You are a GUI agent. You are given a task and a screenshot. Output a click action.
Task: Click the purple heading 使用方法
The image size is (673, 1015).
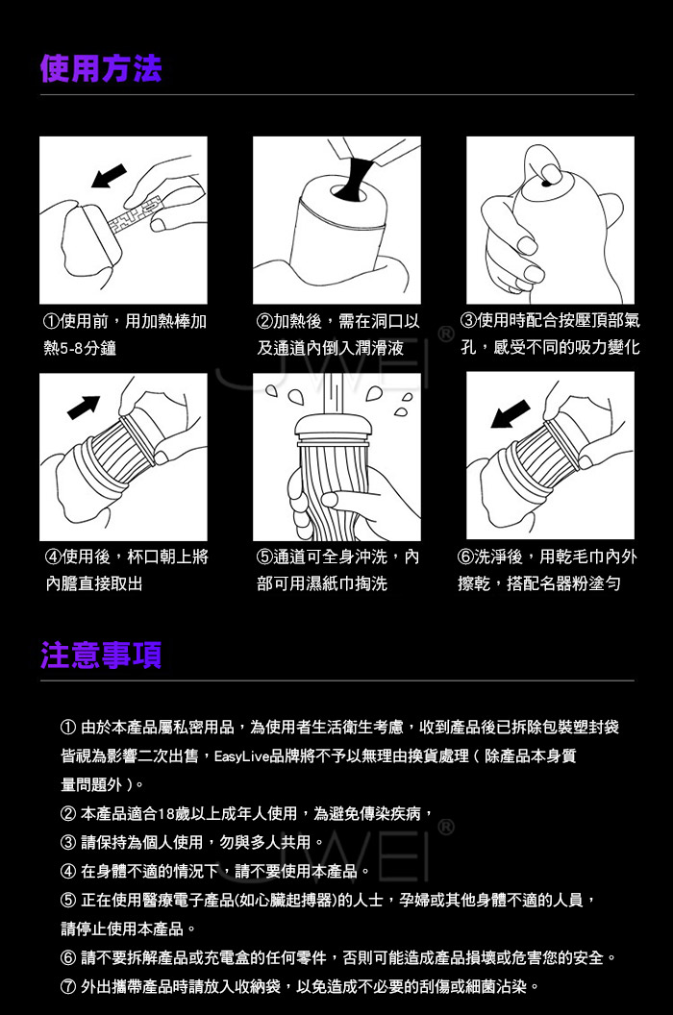pos(101,68)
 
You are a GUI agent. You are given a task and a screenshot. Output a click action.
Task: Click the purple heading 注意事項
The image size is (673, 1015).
pos(101,655)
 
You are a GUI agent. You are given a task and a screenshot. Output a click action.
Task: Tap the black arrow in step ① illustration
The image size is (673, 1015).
pos(109,176)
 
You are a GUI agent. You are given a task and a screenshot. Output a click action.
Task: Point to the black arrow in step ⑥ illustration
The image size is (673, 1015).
pos(511,413)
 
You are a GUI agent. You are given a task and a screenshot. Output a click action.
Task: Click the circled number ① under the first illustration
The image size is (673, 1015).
pos(51,321)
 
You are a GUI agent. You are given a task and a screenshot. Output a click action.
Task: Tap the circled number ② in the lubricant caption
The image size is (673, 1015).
pos(264,321)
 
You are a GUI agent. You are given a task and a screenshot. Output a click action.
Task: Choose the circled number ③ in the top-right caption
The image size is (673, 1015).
pos(468,320)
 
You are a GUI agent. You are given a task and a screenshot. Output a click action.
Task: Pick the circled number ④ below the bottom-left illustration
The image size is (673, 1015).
pos(53,557)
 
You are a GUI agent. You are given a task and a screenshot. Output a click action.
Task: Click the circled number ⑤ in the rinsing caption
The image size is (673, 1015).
pos(264,557)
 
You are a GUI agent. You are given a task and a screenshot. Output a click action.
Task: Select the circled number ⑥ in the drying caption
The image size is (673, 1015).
pos(465,557)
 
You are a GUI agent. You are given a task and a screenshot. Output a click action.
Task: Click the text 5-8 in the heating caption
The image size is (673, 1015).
pos(71,348)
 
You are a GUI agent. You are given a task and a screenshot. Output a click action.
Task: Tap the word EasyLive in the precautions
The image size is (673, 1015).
pos(241,756)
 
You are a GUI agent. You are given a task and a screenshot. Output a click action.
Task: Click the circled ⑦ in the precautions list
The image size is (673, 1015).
pos(68,986)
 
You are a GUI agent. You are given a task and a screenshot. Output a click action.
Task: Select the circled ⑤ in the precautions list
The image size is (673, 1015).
pos(68,901)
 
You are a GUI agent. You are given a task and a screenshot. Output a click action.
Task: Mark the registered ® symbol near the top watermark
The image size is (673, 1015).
pos(446,335)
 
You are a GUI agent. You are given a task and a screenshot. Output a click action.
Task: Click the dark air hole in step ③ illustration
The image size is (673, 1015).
pos(545,185)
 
